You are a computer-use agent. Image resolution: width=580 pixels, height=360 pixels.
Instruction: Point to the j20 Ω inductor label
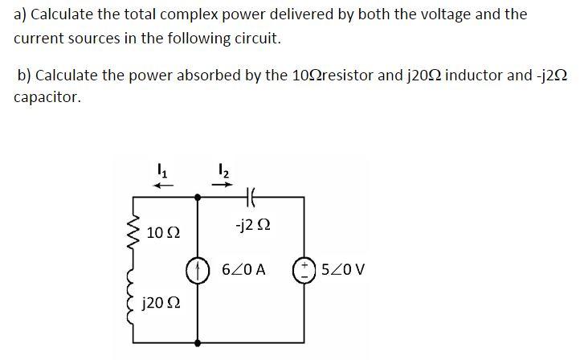pyautogui.click(x=160, y=304)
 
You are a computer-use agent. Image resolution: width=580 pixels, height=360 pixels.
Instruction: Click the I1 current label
pyautogui.click(x=161, y=169)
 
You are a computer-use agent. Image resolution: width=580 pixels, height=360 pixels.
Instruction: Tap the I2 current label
pyautogui.click(x=223, y=169)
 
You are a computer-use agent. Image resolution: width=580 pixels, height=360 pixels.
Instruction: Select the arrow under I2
pyautogui.click(x=224, y=184)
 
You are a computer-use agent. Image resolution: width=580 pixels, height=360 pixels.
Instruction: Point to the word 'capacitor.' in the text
pyautogui.click(x=47, y=97)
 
